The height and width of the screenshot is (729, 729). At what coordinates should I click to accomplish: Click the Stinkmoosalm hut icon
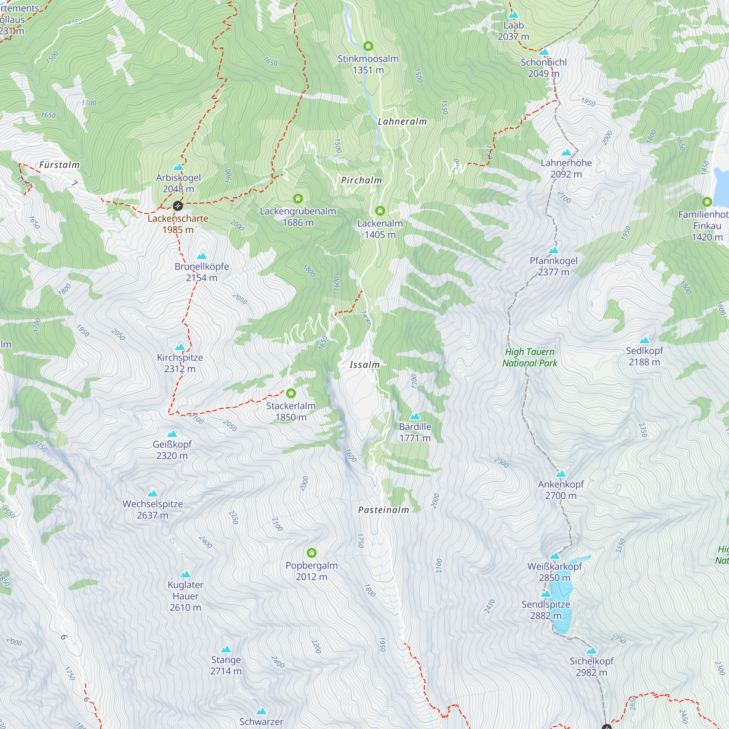pyautogui.click(x=368, y=46)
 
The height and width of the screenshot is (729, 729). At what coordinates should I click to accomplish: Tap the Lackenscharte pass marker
pyautogui.click(x=178, y=206)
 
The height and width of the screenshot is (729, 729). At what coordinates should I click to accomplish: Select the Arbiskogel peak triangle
pyautogui.click(x=178, y=167)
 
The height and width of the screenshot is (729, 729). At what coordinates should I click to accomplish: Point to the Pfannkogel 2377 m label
pyautogui.click(x=554, y=266)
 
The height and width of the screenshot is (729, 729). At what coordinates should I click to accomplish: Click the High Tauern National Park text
pyautogui.click(x=530, y=357)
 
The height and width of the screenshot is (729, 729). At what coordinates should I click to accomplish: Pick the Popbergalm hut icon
pyautogui.click(x=311, y=553)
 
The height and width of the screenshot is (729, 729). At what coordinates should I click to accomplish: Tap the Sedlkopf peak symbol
pyautogui.click(x=644, y=340)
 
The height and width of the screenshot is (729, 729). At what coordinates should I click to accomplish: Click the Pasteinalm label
pyautogui.click(x=383, y=510)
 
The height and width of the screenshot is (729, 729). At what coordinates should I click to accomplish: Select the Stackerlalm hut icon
pyautogui.click(x=291, y=394)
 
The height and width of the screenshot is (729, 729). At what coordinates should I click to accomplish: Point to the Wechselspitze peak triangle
pyautogui.click(x=152, y=494)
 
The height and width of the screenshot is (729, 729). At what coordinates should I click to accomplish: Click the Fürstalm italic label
pyautogui.click(x=60, y=165)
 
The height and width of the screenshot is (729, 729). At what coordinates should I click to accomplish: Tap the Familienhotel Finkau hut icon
pyautogui.click(x=707, y=202)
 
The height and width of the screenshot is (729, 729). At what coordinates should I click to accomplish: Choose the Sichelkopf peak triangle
pyautogui.click(x=591, y=651)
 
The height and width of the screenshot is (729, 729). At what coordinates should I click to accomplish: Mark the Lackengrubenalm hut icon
pyautogui.click(x=298, y=199)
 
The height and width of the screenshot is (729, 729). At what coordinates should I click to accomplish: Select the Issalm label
pyautogui.click(x=364, y=365)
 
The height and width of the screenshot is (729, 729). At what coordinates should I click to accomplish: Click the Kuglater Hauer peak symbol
pyautogui.click(x=185, y=575)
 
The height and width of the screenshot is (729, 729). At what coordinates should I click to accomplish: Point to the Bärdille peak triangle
pyautogui.click(x=415, y=417)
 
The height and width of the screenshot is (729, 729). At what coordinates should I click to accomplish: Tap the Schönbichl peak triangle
pyautogui.click(x=543, y=52)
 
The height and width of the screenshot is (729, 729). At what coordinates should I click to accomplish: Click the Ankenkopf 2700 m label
pyautogui.click(x=561, y=490)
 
